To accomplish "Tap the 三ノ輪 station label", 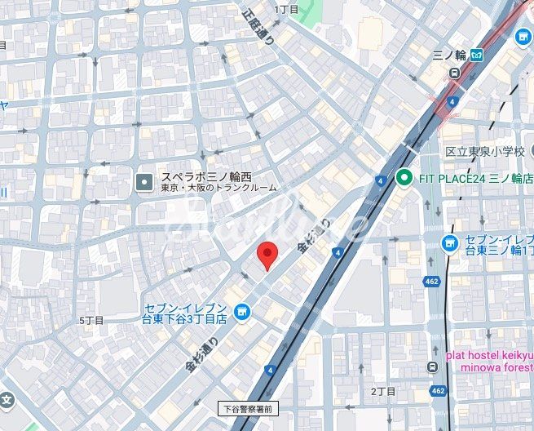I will [448, 56].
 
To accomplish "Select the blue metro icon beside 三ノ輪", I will [476, 56].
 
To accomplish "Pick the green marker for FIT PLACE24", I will [403, 177].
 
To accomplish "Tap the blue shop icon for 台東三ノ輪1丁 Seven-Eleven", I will [449, 243].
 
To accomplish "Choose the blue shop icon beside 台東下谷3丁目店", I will [241, 311].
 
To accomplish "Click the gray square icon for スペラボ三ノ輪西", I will [144, 180].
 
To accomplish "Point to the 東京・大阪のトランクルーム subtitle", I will [218, 188].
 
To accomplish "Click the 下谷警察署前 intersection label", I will [249, 407].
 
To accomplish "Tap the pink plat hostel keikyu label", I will [489, 360].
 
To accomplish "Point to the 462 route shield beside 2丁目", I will [439, 391].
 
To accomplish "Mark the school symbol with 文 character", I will [7, 401].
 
